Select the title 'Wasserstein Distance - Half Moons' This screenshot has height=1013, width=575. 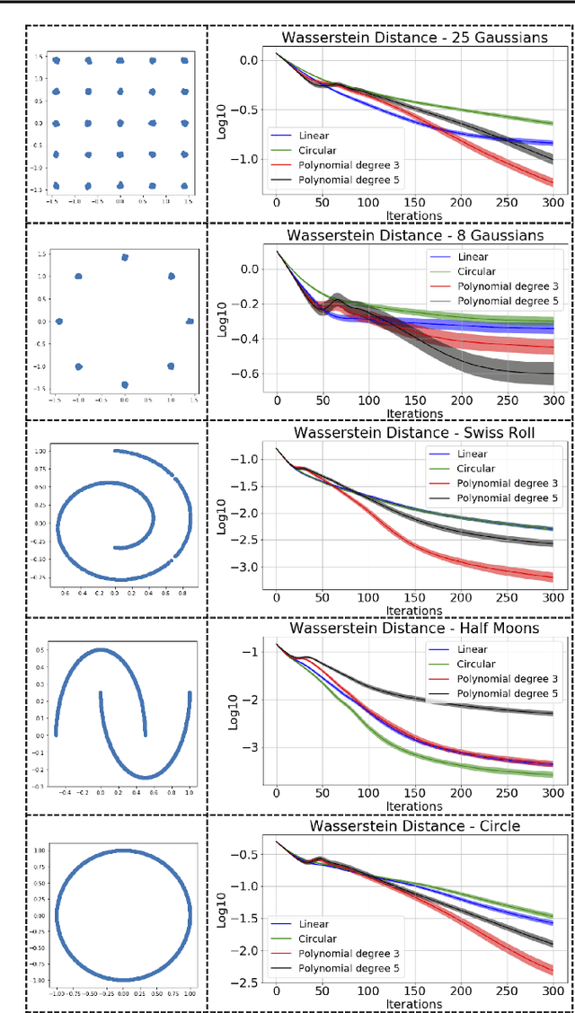pos(412,629)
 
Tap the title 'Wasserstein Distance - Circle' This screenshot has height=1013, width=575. pos(412,825)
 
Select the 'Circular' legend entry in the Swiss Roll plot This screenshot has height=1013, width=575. pos(476,469)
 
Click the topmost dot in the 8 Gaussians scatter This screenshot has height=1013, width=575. pos(124,258)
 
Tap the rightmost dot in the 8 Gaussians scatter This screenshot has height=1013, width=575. pos(190,321)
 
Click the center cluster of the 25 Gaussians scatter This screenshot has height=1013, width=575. pos(120,123)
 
